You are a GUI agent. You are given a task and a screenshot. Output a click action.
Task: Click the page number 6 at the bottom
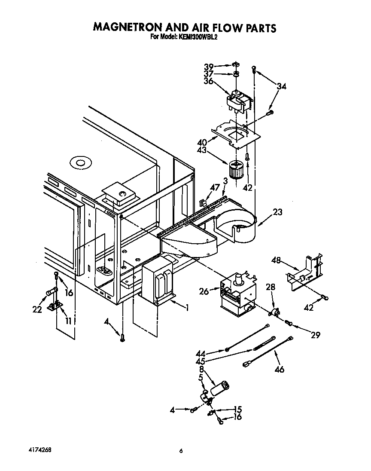(x=181, y=451)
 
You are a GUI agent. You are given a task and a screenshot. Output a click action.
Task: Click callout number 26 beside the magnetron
(x=204, y=292)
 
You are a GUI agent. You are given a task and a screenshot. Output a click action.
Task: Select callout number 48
(x=276, y=260)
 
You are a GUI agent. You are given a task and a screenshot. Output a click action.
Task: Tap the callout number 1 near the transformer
(x=187, y=307)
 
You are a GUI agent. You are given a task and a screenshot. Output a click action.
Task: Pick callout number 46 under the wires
(x=279, y=369)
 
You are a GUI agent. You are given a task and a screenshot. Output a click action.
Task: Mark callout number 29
(x=315, y=335)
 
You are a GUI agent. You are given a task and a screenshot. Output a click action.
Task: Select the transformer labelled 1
(x=158, y=284)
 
